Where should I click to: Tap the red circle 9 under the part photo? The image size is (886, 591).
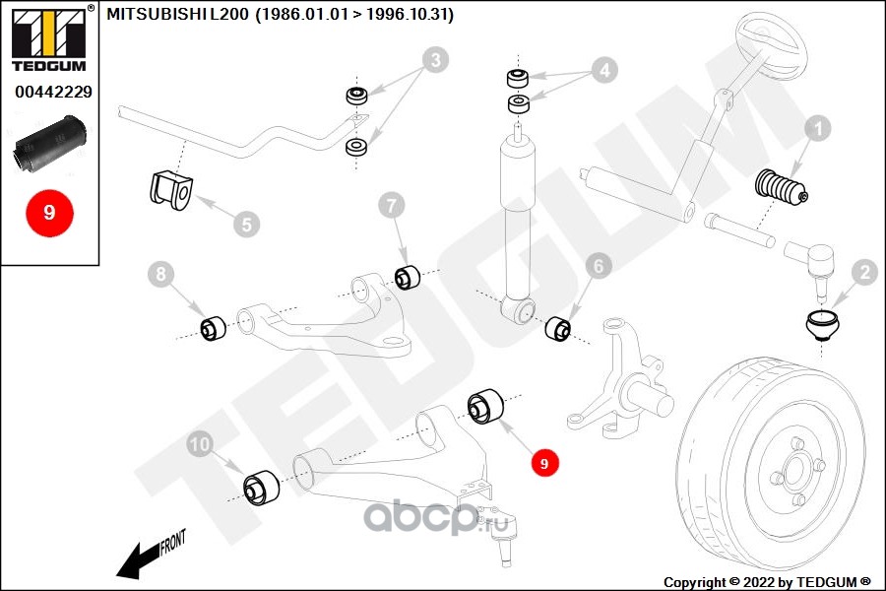[x=49, y=212]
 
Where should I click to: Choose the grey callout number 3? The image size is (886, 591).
[x=430, y=62]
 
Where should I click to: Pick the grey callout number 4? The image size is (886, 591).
[x=603, y=70]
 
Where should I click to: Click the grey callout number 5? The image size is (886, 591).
[x=246, y=225]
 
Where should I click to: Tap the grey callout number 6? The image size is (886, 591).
[x=599, y=265]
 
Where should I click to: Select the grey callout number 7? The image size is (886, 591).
[x=392, y=205]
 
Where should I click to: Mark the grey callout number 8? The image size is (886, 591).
[x=161, y=273]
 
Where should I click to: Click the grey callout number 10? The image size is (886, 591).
[x=200, y=445]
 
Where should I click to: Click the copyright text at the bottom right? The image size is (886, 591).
[x=767, y=581]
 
